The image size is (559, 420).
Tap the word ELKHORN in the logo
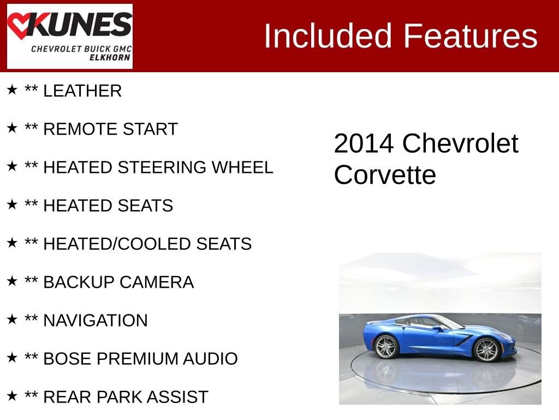click(x=110, y=57)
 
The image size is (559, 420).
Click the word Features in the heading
click(x=470, y=36)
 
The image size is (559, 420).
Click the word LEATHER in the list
click(x=82, y=91)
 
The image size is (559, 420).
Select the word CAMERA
click(x=157, y=282)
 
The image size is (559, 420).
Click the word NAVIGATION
click(x=96, y=320)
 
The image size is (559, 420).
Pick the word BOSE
click(x=67, y=359)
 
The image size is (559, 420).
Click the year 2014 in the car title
click(x=364, y=144)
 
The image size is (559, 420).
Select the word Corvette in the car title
click(x=385, y=175)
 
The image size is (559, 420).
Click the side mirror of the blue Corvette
click(x=438, y=329)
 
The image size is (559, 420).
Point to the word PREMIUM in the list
click(x=137, y=359)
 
